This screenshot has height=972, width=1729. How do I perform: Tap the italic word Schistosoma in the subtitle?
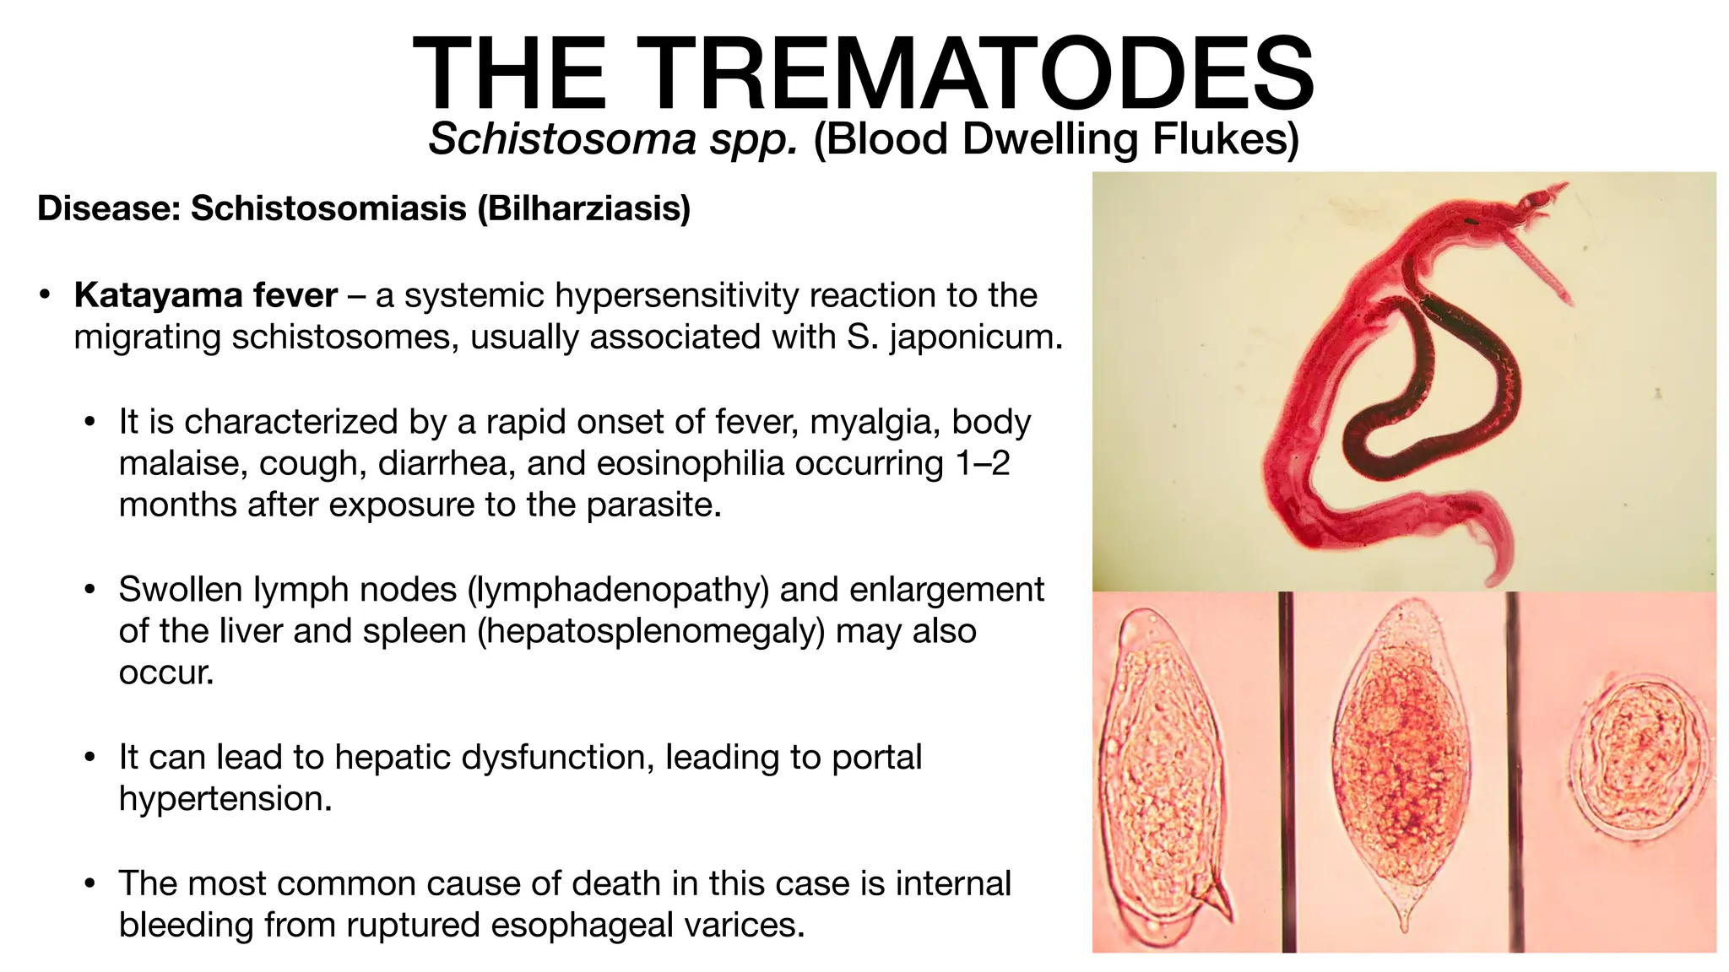(561, 139)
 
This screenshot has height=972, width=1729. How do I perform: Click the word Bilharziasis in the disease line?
(583, 208)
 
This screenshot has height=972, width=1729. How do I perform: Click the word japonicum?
(975, 337)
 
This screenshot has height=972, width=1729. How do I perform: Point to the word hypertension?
(225, 799)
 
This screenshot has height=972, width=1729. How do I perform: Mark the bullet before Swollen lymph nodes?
(90, 590)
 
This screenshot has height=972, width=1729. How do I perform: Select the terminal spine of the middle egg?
(1404, 920)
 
